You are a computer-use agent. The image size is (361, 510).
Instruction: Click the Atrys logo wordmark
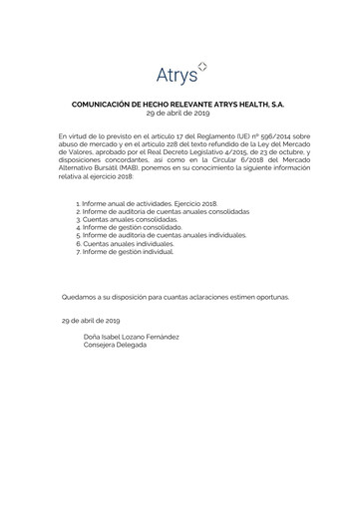coord(176,74)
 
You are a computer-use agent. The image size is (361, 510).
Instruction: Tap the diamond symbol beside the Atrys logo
coord(203,66)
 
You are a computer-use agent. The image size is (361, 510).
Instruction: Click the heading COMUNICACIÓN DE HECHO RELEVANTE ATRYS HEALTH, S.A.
coord(180,102)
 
